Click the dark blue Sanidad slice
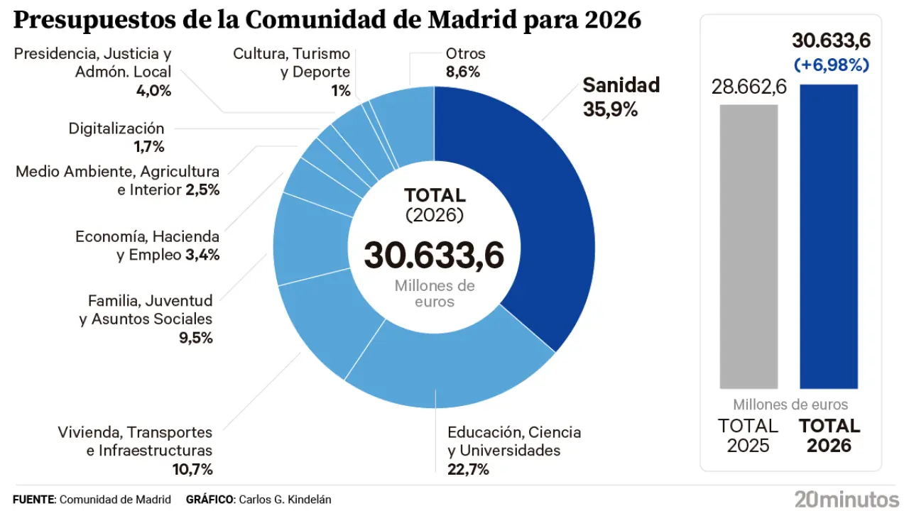[x=547, y=213]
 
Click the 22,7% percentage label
[x=468, y=469]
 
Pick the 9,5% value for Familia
[x=196, y=338]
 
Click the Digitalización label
[x=116, y=128]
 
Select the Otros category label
[x=465, y=53]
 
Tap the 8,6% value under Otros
[x=463, y=72]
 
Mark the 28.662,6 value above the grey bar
[x=749, y=87]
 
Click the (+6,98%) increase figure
[x=832, y=65]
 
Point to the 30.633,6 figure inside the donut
[x=434, y=254]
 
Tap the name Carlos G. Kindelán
[x=285, y=500]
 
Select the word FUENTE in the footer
[x=33, y=500]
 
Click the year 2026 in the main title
[x=614, y=20]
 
